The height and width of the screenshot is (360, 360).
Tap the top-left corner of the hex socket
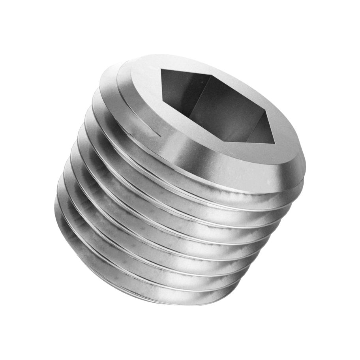click(x=161, y=69)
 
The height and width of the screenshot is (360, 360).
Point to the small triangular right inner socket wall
click(x=262, y=131)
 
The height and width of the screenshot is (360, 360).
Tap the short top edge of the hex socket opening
click(x=186, y=72)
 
